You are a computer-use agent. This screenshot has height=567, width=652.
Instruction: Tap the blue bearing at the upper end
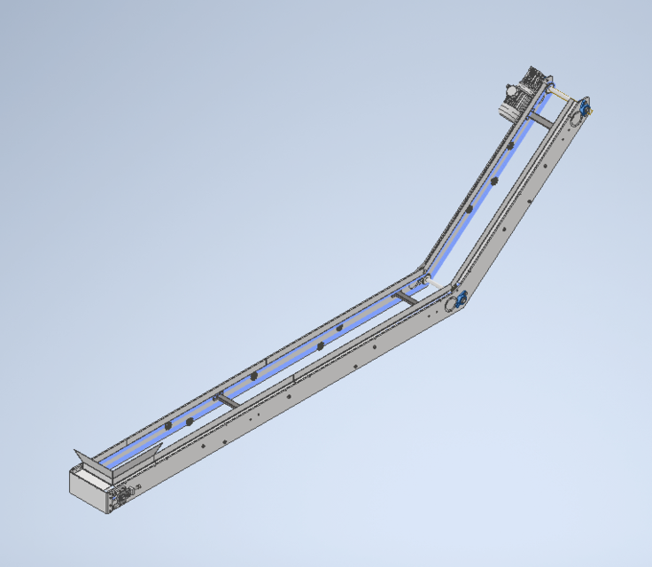[x=585, y=109]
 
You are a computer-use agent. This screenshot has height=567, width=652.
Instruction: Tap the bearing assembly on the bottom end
[x=120, y=498]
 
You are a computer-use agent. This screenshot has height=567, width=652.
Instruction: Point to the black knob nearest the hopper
[x=167, y=429]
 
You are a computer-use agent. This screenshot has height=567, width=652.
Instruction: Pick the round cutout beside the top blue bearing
[x=572, y=117]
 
